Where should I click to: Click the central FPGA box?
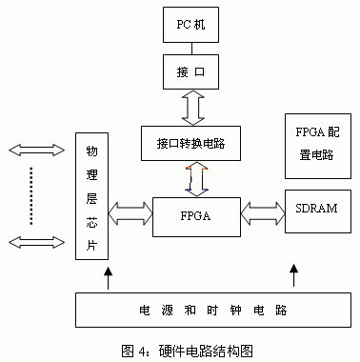[194, 217]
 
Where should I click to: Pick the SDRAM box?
[313, 207]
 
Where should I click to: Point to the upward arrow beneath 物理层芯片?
[107, 279]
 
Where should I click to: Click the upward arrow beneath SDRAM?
[293, 279]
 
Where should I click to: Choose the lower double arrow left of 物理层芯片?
[30, 241]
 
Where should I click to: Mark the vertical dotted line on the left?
[30, 195]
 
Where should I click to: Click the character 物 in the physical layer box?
[91, 152]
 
